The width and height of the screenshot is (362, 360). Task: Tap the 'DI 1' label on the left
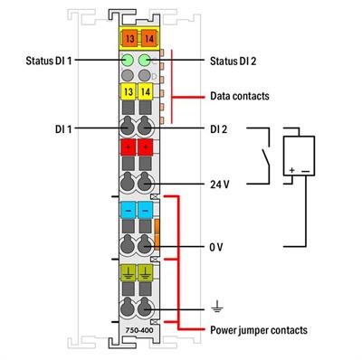[64, 129]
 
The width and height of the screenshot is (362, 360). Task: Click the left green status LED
[129, 62]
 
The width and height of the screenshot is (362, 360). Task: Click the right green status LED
[146, 62]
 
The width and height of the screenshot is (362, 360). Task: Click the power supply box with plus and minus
[300, 157]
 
